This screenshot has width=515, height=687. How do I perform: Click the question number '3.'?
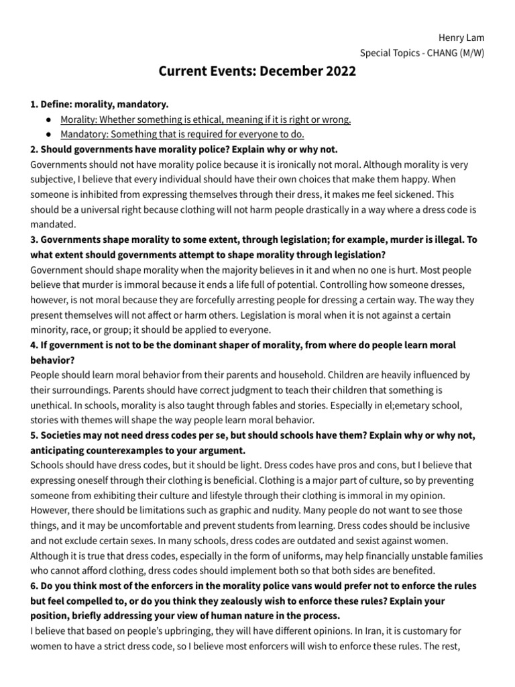34,240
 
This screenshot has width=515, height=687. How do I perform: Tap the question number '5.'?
34,435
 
